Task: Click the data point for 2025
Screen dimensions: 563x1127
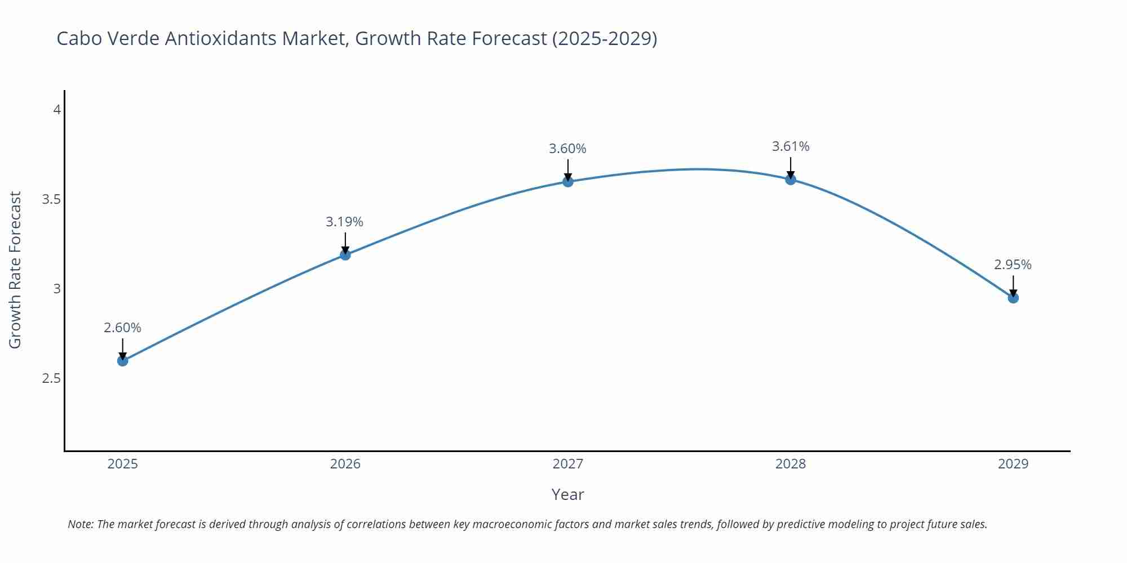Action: [122, 360]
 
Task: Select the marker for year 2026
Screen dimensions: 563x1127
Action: [345, 254]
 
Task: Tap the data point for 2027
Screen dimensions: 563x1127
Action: [567, 181]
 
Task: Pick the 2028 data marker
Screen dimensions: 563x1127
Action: [790, 180]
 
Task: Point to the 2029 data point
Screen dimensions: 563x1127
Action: [1013, 298]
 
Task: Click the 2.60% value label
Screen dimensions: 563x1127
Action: [122, 328]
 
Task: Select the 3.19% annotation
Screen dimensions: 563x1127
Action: [344, 222]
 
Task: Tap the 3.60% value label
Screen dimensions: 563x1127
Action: [567, 149]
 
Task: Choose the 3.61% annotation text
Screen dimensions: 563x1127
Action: [790, 146]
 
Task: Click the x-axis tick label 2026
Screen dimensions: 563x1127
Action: [345, 464]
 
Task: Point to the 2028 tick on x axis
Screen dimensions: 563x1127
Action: [790, 464]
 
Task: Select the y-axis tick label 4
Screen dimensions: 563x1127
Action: [57, 110]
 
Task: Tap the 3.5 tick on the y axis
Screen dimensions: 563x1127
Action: [51, 199]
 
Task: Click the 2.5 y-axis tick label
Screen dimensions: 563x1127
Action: [51, 378]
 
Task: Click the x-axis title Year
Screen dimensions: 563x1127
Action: [567, 494]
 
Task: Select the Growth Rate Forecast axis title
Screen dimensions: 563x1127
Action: [15, 270]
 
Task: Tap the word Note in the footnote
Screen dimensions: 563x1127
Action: [80, 524]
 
